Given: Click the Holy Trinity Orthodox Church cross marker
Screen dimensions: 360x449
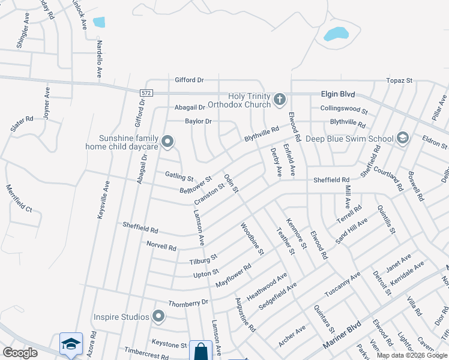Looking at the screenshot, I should [x=279, y=99].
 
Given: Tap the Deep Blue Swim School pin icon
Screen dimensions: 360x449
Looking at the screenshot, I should [x=402, y=139].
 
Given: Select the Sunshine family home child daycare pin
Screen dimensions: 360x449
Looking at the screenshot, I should [x=168, y=142].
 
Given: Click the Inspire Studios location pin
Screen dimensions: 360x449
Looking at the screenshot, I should [x=158, y=316].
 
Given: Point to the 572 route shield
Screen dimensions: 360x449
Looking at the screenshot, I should [x=146, y=93].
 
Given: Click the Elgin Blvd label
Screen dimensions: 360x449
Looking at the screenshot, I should [x=339, y=94].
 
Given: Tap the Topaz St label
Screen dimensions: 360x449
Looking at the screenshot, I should [x=400, y=80].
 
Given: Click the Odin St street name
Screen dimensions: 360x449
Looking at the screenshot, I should [x=232, y=184].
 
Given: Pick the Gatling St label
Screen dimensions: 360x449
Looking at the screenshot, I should [x=179, y=176].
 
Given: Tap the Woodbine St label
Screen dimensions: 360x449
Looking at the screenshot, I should [x=252, y=239].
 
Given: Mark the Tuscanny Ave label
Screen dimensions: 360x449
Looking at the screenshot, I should [x=343, y=284].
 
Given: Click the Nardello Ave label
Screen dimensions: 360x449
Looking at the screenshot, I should [x=99, y=59].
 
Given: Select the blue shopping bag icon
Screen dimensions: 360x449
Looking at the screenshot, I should [x=200, y=351].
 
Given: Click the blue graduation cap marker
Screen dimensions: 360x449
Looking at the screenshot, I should [x=71, y=344].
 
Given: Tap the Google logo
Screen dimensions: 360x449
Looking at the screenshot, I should [x=20, y=353].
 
